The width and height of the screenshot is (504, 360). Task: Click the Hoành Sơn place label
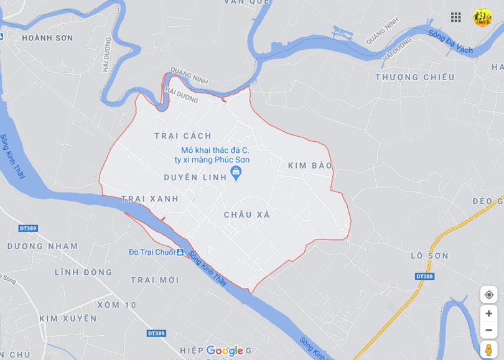coord(47,38)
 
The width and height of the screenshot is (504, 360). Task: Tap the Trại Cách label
coord(183,136)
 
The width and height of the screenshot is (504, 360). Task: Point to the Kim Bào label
coord(310,165)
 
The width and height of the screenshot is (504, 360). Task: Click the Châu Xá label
coord(247,215)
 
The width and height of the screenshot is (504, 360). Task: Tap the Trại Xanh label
coord(150,199)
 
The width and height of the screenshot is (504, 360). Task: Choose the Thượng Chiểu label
coord(415,77)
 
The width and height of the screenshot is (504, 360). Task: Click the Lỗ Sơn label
coord(429,256)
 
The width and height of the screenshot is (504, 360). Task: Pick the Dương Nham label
coord(43,246)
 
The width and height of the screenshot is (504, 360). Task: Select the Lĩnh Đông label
coord(83,272)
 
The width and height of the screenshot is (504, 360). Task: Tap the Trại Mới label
coord(155,280)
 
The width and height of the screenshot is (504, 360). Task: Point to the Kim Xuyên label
coord(68,318)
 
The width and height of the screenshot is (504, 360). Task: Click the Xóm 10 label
coord(117,305)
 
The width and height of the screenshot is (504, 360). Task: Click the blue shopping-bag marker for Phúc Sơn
coord(236,172)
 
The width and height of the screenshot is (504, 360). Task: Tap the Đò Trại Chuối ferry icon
coord(180,252)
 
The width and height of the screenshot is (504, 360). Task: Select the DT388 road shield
coord(424,276)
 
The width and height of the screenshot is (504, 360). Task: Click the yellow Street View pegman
coord(488,349)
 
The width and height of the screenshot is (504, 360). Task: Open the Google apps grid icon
coord(456,17)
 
